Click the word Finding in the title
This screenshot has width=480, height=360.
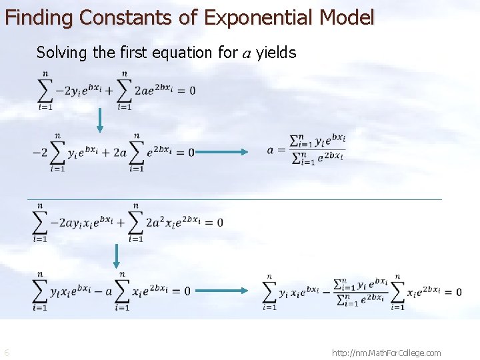(37, 17)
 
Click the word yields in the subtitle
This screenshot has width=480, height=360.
(276, 53)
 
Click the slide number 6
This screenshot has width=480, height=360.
(7, 353)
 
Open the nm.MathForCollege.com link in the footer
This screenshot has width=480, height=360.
(386, 353)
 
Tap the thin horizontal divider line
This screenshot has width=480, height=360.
(234, 199)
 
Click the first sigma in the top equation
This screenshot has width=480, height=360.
(45, 90)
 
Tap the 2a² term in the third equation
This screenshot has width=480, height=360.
(154, 221)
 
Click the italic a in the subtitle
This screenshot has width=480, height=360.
(246, 53)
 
